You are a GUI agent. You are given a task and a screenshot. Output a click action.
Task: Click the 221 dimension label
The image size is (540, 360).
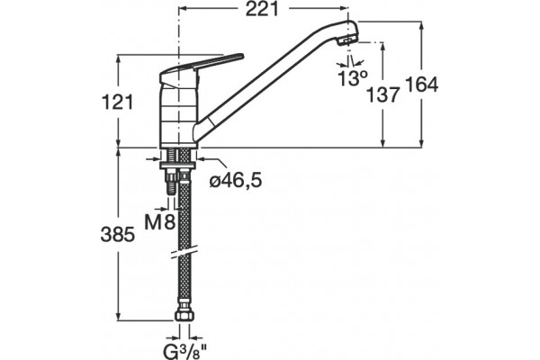click(262, 9)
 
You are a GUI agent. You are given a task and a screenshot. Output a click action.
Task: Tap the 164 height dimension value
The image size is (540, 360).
click(421, 85)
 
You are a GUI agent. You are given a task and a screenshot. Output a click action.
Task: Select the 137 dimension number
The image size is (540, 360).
click(382, 94)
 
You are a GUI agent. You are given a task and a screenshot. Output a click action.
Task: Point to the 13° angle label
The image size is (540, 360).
click(353, 78)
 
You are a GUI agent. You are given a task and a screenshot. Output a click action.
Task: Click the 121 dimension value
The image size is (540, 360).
click(117, 103)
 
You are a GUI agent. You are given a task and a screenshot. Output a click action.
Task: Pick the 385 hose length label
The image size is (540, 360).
click(117, 235)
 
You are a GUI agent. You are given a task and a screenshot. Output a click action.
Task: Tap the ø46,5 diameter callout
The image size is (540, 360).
click(236, 180)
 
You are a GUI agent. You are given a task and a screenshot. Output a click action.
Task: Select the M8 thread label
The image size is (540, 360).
click(160, 222)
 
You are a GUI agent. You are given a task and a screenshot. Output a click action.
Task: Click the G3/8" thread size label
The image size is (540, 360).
click(184, 351)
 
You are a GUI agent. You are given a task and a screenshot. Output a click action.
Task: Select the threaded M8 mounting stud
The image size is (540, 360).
click(171, 183)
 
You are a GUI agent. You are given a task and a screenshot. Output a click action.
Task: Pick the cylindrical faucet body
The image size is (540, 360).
click(178, 116)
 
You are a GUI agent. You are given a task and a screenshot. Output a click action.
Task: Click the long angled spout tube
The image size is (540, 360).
click(275, 79)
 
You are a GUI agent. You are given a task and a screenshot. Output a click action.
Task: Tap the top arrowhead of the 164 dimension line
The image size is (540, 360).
click(421, 26)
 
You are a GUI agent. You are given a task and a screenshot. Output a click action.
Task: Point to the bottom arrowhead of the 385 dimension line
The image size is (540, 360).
click(119, 316)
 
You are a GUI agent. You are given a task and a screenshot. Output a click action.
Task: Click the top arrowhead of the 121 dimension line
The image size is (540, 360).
click(119, 59)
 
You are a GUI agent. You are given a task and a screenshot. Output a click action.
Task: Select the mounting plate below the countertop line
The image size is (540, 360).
click(178, 166)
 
